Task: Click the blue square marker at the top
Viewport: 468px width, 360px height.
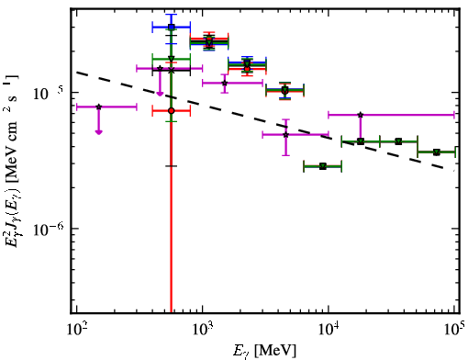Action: [172, 27]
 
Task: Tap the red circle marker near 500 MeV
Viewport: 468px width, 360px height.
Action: [172, 110]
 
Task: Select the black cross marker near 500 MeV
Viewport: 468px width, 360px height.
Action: [172, 71]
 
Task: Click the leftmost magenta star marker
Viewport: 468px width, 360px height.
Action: [98, 107]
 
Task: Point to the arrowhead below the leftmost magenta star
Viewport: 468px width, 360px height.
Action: [98, 132]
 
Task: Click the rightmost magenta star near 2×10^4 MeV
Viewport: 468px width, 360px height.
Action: [361, 115]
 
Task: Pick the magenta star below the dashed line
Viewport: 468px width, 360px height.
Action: [285, 134]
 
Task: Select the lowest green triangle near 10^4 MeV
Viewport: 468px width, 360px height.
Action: [323, 166]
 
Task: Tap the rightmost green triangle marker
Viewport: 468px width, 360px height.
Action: [437, 152]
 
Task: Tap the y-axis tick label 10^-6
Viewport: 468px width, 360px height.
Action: [49, 230]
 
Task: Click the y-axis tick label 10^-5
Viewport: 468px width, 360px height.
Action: [49, 94]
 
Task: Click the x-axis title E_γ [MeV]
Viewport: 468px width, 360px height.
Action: [264, 351]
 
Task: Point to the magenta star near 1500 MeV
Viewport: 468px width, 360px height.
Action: [225, 83]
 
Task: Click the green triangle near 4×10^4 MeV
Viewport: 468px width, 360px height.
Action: [398, 141]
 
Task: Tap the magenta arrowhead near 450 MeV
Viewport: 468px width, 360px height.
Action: [160, 94]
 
